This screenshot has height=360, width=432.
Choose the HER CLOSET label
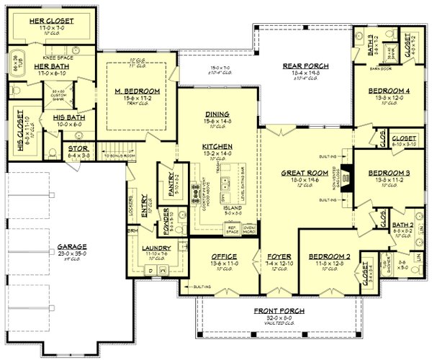[x=51, y=22]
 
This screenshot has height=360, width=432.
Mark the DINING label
[x=216, y=114]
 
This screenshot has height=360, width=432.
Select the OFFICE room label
[x=225, y=256]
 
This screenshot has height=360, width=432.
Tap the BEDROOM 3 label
[x=388, y=174]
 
